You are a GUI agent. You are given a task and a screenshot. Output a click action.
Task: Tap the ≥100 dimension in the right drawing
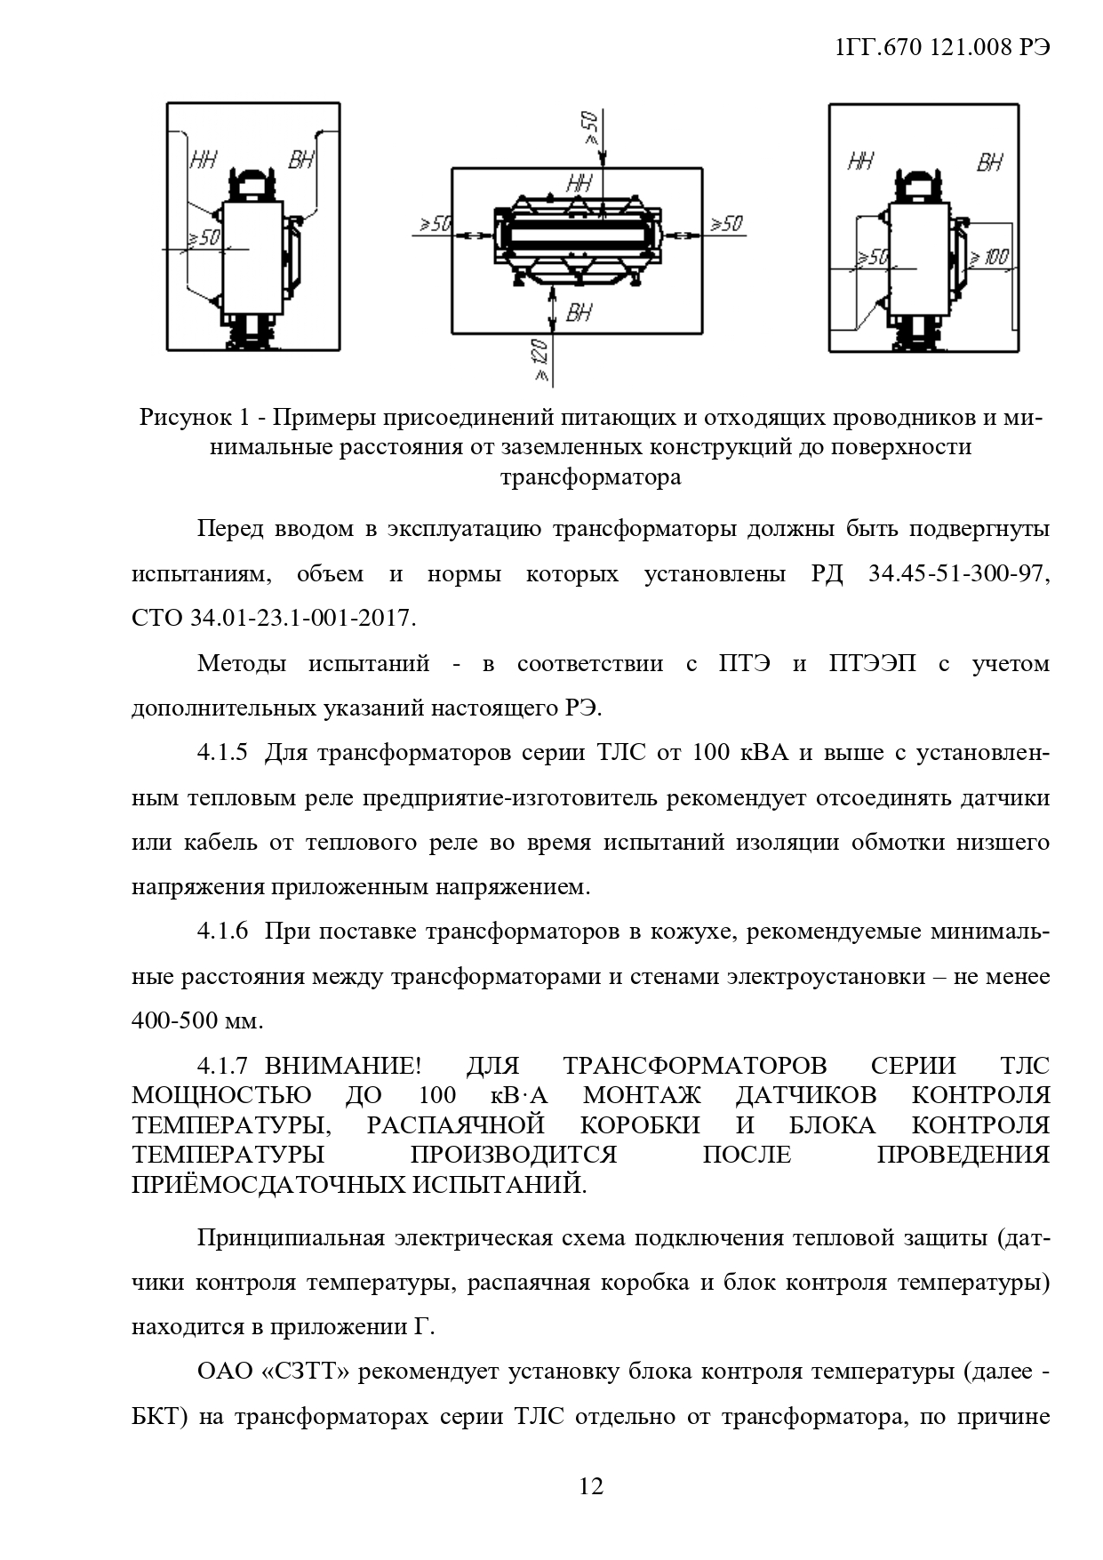(988, 259)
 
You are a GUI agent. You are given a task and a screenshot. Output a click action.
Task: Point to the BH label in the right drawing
(989, 163)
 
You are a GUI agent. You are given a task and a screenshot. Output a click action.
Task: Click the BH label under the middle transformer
(579, 313)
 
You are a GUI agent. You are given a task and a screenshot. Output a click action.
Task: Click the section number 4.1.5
(221, 753)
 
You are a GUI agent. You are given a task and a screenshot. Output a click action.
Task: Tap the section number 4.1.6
(221, 932)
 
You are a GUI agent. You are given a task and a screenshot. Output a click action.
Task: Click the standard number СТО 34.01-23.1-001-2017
(273, 618)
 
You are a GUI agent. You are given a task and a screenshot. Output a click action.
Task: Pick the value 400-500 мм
(196, 1020)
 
